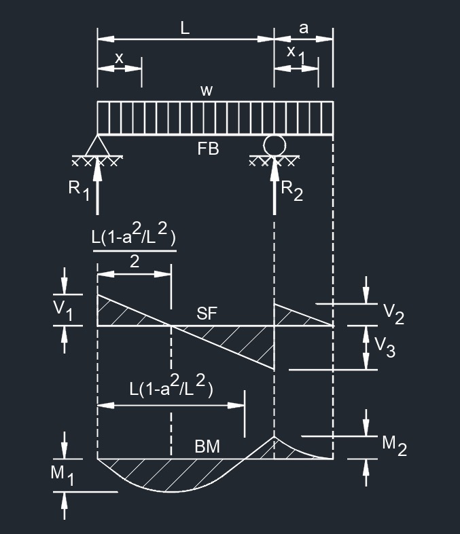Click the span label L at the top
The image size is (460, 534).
[x=185, y=28]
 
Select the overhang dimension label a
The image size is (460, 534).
[x=304, y=28]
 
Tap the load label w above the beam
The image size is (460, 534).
[x=207, y=91]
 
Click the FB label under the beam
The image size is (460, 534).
[x=208, y=149]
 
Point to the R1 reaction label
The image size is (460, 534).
[x=79, y=191]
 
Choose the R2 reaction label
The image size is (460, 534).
[x=292, y=191]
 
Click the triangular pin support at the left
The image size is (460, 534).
[x=97, y=146]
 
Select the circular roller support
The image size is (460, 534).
[x=275, y=145]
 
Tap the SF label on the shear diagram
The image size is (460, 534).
[x=207, y=313]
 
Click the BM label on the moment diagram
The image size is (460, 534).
[x=207, y=446]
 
